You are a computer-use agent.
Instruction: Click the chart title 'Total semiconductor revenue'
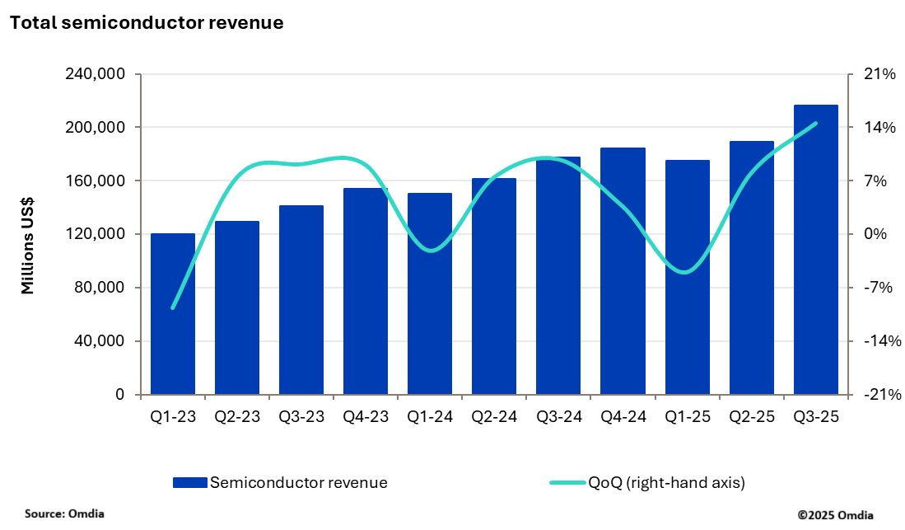(147, 23)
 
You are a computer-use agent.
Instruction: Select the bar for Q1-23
(173, 313)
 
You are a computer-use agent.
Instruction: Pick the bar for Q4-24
(623, 271)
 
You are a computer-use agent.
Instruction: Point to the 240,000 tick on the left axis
(95, 74)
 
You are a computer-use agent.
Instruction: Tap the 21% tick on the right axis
(879, 74)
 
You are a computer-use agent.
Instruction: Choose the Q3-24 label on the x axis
(558, 417)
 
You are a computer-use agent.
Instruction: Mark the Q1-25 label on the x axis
(687, 417)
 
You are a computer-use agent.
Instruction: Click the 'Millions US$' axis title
(28, 246)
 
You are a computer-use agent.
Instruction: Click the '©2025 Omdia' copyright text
(836, 514)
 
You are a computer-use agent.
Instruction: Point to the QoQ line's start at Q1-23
(173, 308)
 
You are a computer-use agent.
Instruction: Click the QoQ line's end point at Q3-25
(815, 124)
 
